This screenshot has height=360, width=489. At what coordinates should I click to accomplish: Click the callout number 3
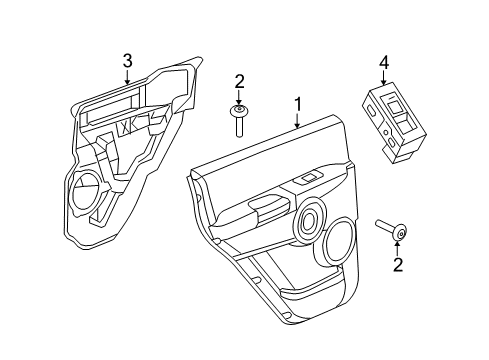[127, 62]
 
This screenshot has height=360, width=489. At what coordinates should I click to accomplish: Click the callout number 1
[296, 103]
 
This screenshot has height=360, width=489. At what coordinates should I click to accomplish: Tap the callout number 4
[384, 63]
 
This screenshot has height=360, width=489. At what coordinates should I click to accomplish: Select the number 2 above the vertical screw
[239, 81]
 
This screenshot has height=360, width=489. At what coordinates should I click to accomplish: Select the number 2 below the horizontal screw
[398, 264]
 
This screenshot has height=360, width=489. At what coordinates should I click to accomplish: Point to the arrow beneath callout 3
[127, 77]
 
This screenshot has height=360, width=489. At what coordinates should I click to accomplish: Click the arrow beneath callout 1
[296, 120]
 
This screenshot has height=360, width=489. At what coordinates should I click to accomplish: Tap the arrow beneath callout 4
[384, 78]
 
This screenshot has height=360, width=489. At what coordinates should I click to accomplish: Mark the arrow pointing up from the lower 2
[398, 248]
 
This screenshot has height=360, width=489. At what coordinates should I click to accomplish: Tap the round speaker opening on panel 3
[86, 190]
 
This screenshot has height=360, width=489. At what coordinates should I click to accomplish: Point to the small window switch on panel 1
[309, 178]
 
